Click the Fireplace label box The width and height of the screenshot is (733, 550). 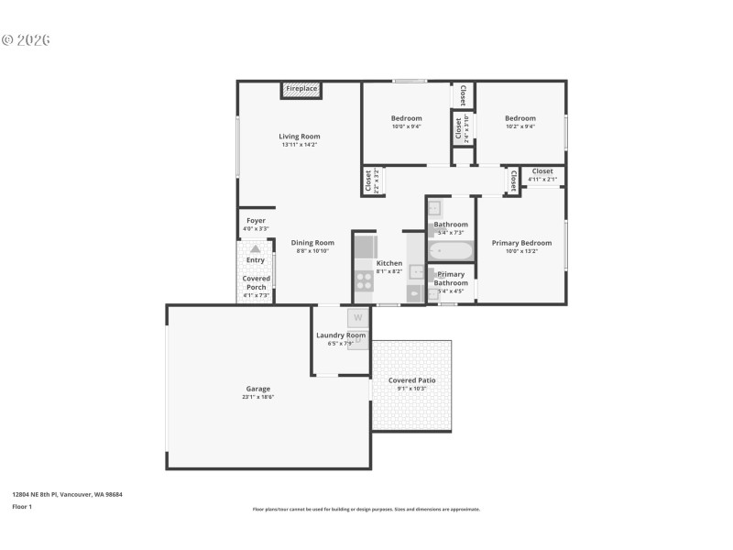click(301, 89)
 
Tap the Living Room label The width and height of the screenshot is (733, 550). click(300, 137)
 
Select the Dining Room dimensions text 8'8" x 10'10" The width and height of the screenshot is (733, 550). click(312, 251)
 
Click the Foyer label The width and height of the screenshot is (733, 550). click(256, 221)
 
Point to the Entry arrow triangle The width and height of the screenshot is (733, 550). click(255, 247)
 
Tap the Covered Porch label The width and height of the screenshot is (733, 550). click(255, 282)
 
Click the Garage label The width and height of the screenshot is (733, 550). click(257, 389)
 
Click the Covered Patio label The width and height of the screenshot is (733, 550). click(411, 380)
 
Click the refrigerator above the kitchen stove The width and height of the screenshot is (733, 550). click(364, 246)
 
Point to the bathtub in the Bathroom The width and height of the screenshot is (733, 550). click(450, 249)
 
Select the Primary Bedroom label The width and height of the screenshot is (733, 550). click(521, 243)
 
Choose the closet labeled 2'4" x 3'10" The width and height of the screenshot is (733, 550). click(462, 127)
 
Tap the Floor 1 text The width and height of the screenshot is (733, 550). click(21, 506)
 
